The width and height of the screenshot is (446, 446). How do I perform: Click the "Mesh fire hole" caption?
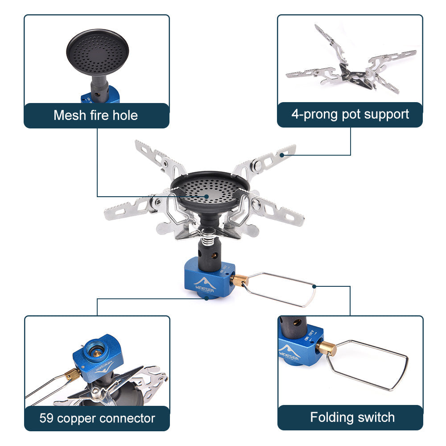(x=95, y=116)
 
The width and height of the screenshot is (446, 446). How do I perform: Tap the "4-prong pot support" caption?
(x=350, y=114)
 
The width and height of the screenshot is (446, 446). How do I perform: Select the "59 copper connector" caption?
(x=97, y=418)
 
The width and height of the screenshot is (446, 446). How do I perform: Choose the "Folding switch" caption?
(x=352, y=417)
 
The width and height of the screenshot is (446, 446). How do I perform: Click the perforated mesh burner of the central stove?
(x=208, y=190)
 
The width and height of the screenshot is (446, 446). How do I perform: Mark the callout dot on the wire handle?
(x=315, y=286)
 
